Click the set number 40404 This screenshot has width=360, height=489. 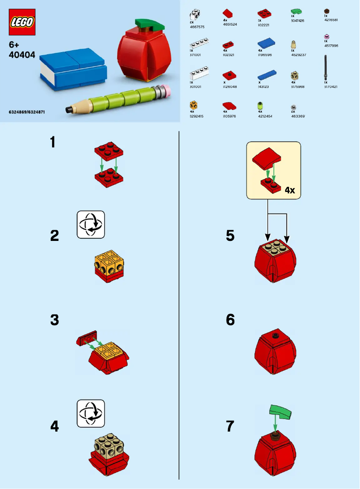coord(22,54)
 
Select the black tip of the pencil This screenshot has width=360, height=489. coord(68,109)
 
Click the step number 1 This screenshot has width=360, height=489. coord(53,143)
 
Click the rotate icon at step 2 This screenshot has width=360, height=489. coord(91,224)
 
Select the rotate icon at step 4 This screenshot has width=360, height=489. coord(91,413)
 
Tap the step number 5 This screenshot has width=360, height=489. coord(230,236)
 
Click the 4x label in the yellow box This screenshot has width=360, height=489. coord(290,190)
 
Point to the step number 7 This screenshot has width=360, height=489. coord(230,426)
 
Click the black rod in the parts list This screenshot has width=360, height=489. coord(326,68)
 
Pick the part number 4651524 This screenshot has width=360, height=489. coord(230,24)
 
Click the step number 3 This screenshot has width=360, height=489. coord(54,320)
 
